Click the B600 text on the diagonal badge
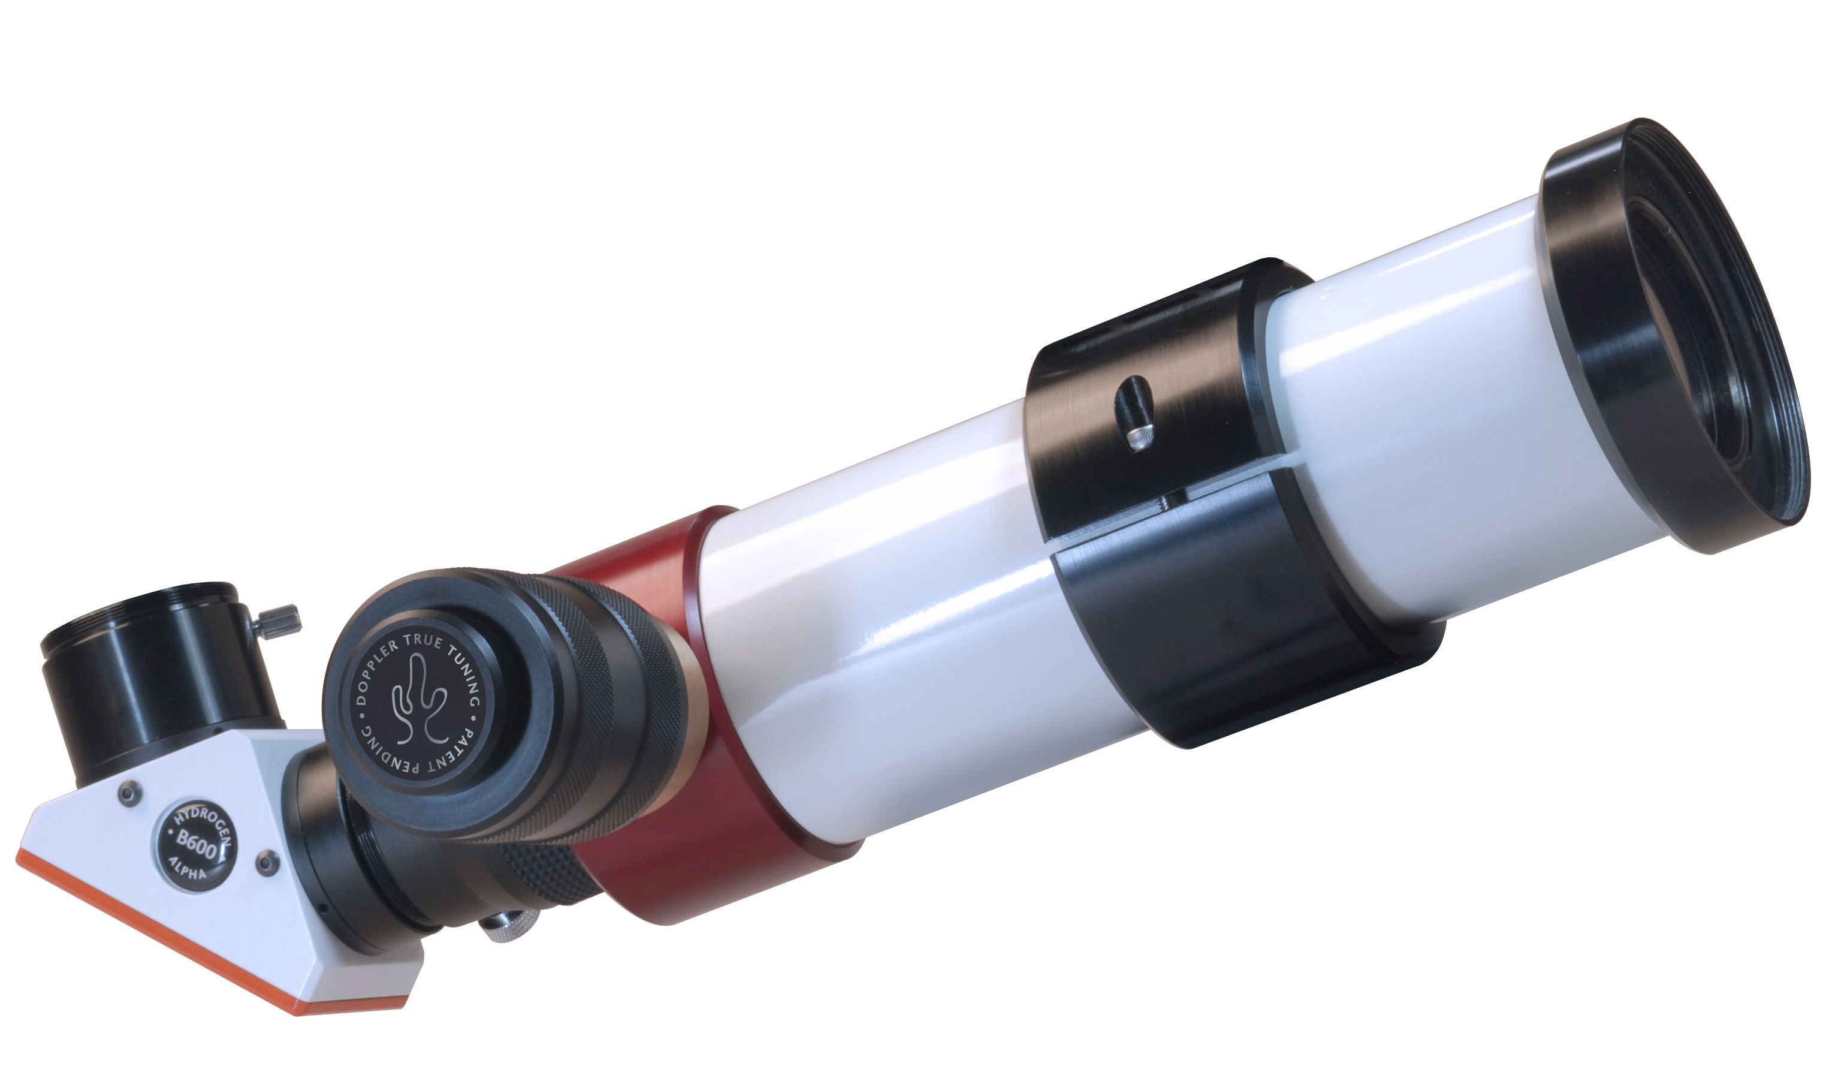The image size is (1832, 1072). (x=195, y=848)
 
